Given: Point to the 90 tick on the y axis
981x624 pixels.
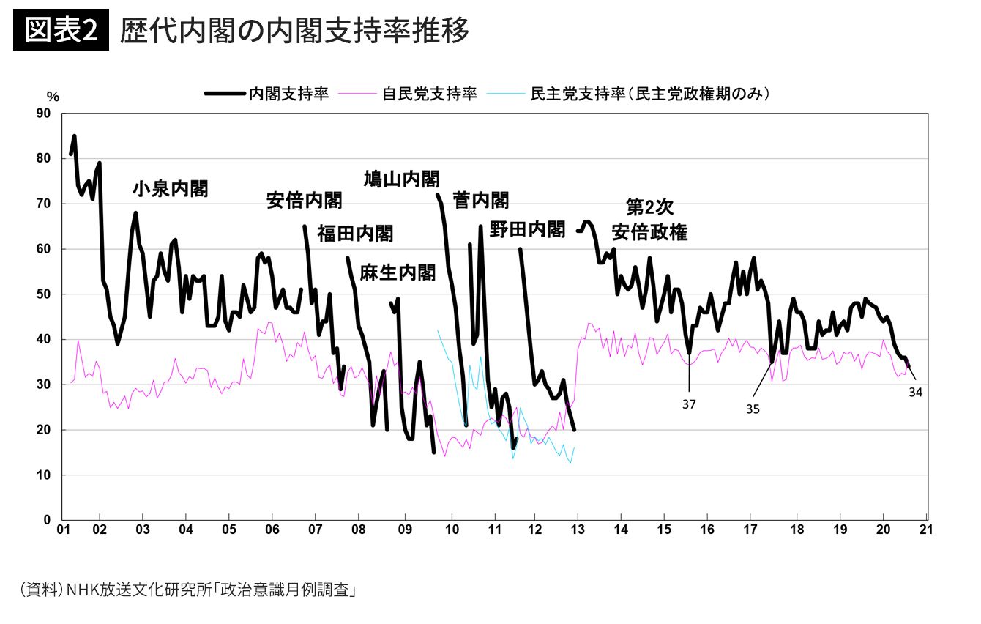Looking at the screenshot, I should click(44, 114).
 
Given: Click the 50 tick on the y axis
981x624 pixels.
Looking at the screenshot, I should click(44, 294).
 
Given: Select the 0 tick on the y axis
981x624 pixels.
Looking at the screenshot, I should click(48, 520).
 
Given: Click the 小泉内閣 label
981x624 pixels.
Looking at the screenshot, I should click(170, 189).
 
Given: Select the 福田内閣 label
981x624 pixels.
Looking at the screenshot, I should click(355, 234).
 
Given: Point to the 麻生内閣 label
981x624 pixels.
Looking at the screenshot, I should click(398, 273).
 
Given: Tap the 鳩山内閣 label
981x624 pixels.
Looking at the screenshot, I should click(401, 179).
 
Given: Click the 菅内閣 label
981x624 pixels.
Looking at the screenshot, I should click(481, 201).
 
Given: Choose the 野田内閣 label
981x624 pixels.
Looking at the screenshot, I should click(528, 229).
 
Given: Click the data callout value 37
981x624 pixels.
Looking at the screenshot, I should click(689, 404).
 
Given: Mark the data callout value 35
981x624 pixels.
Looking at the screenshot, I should click(753, 409).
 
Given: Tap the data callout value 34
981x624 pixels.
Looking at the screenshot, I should click(915, 392).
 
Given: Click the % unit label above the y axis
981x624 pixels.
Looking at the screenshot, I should click(53, 96).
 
